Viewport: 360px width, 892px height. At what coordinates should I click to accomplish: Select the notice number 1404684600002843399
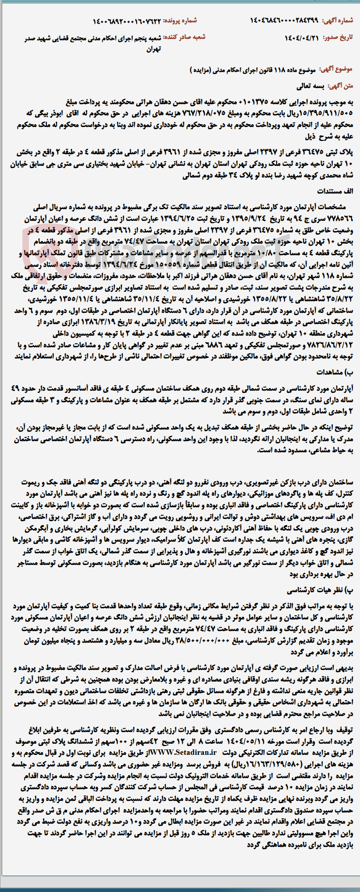pos(286,20)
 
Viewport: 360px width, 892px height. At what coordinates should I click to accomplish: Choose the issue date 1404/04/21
pos(302,38)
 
